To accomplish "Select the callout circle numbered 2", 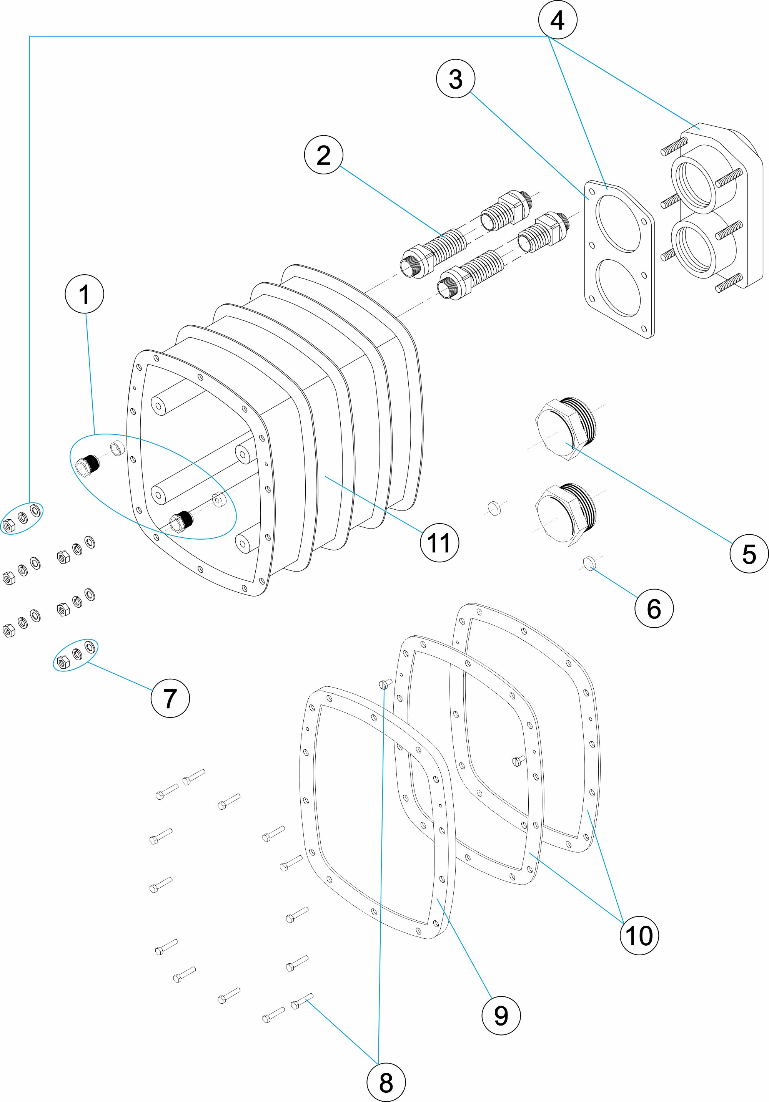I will [x=324, y=154].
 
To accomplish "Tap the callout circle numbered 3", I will [x=455, y=79].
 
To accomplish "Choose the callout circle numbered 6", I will [x=654, y=608].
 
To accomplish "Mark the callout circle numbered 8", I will [x=386, y=1083].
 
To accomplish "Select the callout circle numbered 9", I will [x=501, y=1016].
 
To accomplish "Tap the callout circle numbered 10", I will [x=639, y=935].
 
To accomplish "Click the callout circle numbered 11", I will [x=439, y=543].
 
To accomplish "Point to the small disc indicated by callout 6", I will [x=589, y=563].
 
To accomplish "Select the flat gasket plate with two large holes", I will [x=619, y=259].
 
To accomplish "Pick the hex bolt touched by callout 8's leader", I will [x=301, y=1002].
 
